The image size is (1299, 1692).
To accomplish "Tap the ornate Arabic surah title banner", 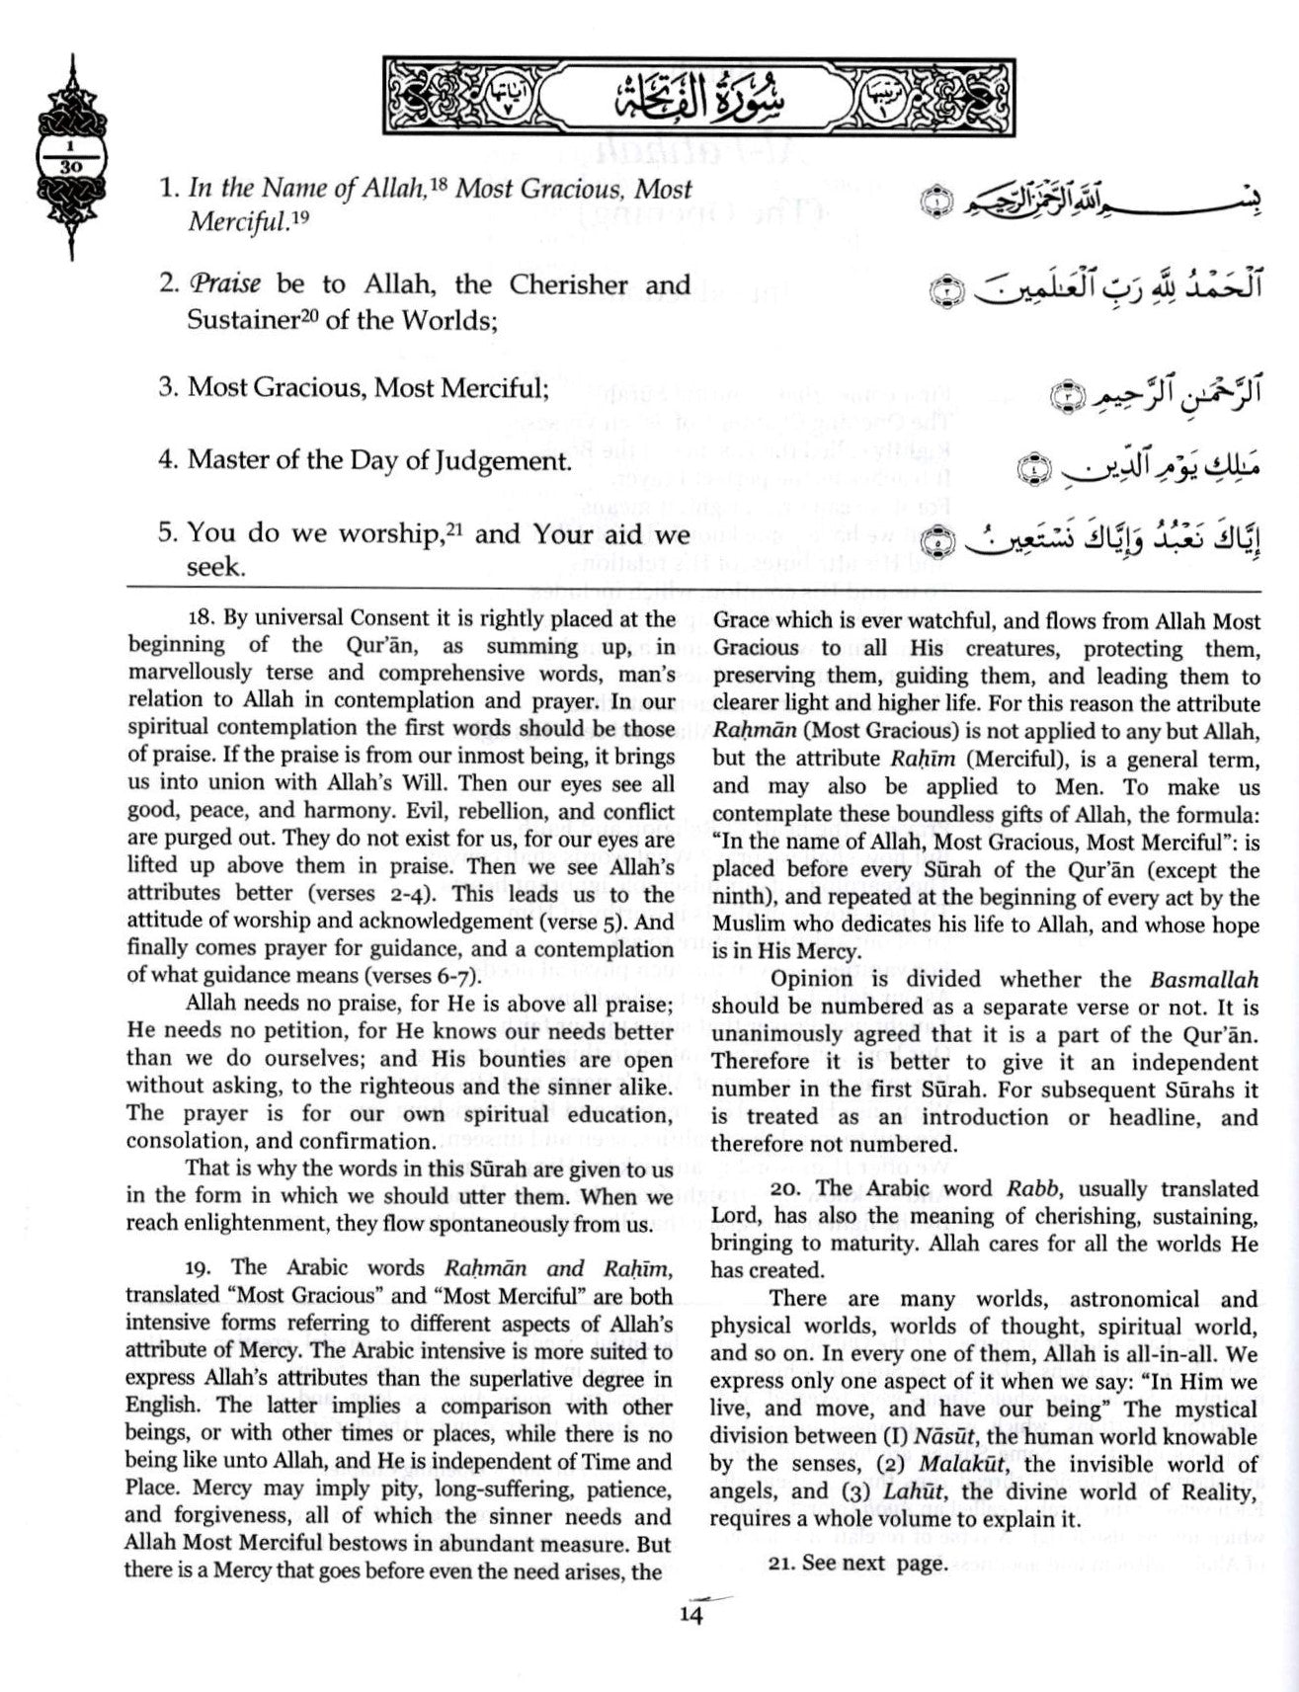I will pyautogui.click(x=699, y=96).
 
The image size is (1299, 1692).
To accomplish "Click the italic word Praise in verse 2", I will pyautogui.click(x=224, y=285).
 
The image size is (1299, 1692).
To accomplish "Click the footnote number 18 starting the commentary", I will pyautogui.click(x=200, y=619).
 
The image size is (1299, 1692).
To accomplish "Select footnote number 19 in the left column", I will pyautogui.click(x=202, y=1267).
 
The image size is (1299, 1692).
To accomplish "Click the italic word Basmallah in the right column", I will pyautogui.click(x=1204, y=981).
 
